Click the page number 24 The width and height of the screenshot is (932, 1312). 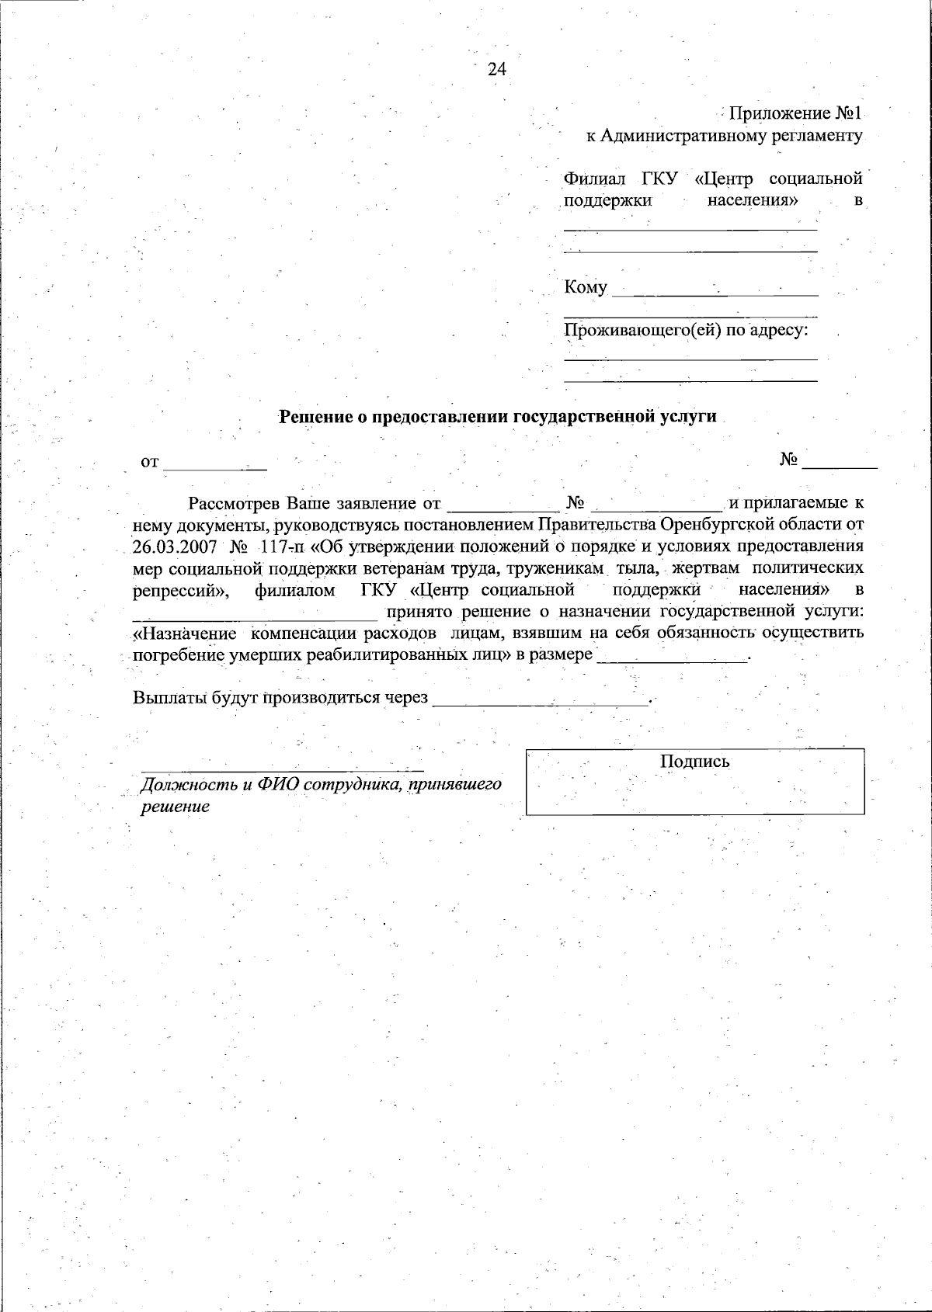[x=497, y=69]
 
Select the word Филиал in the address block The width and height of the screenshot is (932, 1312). [x=594, y=179]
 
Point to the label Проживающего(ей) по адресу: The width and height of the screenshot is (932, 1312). [x=686, y=331]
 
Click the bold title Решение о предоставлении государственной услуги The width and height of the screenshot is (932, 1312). [x=497, y=416]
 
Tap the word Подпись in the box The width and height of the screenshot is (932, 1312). [x=694, y=762]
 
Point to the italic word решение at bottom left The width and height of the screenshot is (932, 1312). [x=175, y=807]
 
